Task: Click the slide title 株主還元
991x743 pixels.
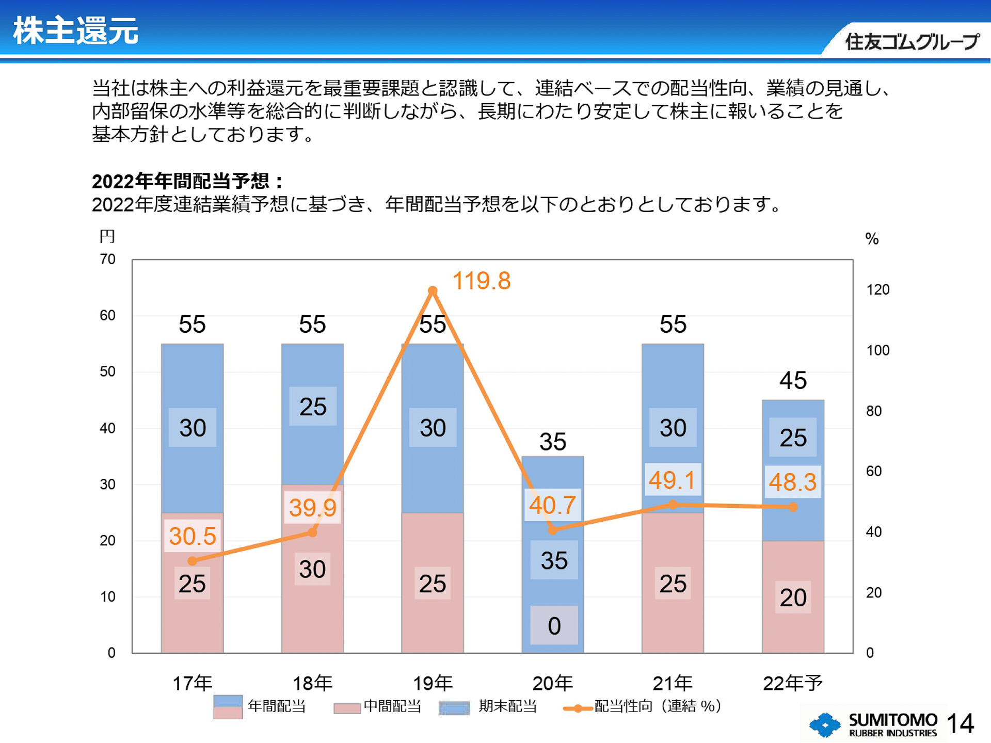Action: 75,30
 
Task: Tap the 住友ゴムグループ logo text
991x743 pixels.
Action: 912,42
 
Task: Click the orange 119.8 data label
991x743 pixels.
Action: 481,281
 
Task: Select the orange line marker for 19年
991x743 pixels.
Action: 433,291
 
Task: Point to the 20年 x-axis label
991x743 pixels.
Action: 552,683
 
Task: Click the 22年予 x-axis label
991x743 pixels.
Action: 792,683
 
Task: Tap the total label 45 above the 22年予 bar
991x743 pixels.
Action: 793,381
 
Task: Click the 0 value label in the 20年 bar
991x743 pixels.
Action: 554,626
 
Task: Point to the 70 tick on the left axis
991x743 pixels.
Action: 107,259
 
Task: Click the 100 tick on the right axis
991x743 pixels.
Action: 877,350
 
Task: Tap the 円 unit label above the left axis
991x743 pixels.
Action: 107,236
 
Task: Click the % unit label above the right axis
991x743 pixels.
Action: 872,238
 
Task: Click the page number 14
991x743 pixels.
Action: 960,723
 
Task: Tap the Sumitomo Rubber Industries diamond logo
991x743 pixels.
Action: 825,724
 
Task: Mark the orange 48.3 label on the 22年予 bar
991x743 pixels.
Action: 792,482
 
